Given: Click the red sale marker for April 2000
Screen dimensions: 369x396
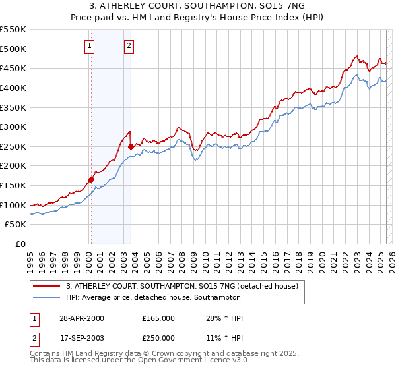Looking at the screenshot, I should (91, 179).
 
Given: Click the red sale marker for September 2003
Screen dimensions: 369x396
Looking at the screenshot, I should (131, 146).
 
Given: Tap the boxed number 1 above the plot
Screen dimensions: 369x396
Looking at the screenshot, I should (89, 45).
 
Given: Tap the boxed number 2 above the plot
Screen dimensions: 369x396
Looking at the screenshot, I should (129, 45).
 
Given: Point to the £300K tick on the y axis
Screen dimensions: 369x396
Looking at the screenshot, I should (15, 127).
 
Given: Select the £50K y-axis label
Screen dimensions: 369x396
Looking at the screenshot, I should (16, 225).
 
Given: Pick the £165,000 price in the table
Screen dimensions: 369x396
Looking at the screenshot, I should (158, 318).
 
